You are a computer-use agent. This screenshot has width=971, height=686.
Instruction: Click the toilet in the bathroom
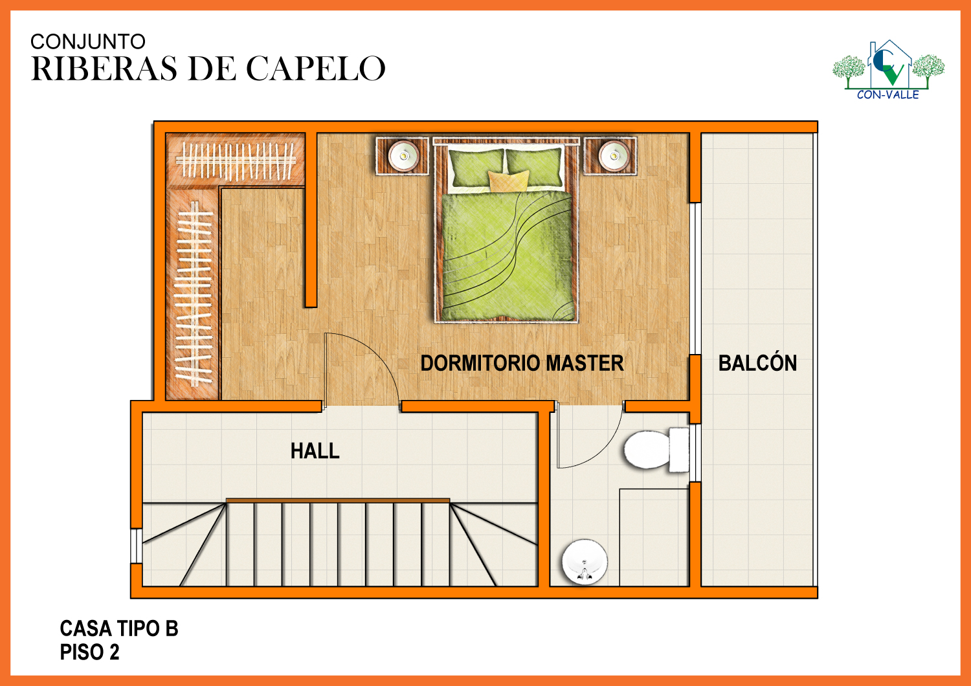pyautogui.click(x=656, y=449)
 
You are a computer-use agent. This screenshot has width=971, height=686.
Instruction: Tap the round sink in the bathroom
pyautogui.click(x=585, y=562)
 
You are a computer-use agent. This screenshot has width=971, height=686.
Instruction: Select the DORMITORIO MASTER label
pyautogui.click(x=522, y=363)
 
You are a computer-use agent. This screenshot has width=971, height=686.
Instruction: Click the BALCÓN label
pyautogui.click(x=758, y=362)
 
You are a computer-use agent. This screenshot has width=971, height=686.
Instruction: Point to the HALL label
pyautogui.click(x=315, y=451)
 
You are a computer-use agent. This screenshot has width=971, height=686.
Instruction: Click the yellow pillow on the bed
pyautogui.click(x=508, y=181)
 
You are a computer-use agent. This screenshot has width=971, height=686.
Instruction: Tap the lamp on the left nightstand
pyautogui.click(x=403, y=155)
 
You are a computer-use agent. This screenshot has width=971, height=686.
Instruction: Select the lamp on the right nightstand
pyautogui.click(x=614, y=155)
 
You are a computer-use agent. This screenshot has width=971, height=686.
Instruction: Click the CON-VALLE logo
pyautogui.click(x=888, y=70)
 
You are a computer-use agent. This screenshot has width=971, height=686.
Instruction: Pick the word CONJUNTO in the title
pyautogui.click(x=88, y=41)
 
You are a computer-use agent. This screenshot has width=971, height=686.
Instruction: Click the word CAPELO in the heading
pyautogui.click(x=316, y=69)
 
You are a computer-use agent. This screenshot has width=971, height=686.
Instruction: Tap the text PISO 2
pyautogui.click(x=89, y=652)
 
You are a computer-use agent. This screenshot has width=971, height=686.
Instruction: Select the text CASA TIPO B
pyautogui.click(x=118, y=628)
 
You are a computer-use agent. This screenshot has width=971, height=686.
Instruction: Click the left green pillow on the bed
pyautogui.click(x=476, y=168)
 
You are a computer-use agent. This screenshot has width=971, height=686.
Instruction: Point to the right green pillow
pyautogui.click(x=535, y=167)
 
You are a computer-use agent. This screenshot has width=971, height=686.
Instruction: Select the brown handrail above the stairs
pyautogui.click(x=338, y=500)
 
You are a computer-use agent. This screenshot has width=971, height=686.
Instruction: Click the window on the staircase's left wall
pyautogui.click(x=137, y=546)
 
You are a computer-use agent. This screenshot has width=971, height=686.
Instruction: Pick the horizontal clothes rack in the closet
pyautogui.click(x=236, y=160)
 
